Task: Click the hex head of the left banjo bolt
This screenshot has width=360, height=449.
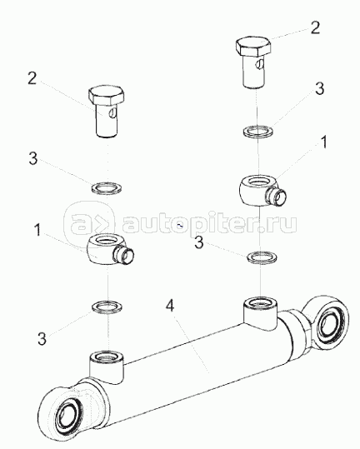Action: point(107,96)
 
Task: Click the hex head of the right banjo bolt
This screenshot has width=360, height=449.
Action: point(253,46)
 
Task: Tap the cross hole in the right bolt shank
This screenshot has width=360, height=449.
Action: point(259,64)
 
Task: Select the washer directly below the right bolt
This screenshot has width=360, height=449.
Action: point(258,131)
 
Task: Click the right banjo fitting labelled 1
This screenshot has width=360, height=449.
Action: point(262,191)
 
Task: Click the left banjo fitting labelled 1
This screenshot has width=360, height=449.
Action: point(110,249)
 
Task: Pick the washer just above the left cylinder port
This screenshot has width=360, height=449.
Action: point(107,307)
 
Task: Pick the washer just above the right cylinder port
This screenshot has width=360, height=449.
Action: point(262,257)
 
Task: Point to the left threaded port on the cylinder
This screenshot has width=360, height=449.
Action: point(107,367)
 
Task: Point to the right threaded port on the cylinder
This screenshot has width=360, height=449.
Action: point(260,313)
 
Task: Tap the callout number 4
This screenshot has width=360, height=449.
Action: point(170,307)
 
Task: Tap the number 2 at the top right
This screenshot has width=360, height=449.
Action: point(315,28)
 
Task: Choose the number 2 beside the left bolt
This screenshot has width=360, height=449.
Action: point(32,78)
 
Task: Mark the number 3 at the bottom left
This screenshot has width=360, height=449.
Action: point(42,338)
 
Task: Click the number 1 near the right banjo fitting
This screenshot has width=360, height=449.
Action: point(324,142)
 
